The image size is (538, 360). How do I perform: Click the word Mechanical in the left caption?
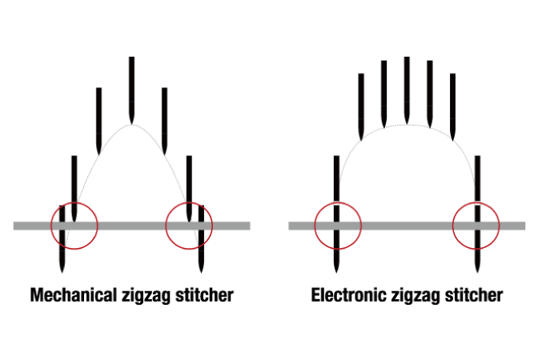tap(74, 295)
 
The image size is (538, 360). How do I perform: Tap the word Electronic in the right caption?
tap(348, 295)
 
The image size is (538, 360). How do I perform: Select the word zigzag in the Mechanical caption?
tap(146, 296)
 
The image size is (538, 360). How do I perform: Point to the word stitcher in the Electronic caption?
tap(474, 295)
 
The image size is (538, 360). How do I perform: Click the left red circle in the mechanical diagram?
tap(51, 226)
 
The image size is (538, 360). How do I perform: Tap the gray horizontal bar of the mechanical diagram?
tap(132, 226)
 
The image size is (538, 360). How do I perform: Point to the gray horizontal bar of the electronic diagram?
tap(407, 226)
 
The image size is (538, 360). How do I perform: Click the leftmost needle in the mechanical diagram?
tap(62, 239)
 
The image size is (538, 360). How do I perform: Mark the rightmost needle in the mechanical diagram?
tap(201, 239)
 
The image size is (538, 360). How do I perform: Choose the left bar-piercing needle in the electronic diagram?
tap(336, 214)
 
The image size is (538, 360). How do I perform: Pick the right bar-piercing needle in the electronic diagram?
tap(477, 214)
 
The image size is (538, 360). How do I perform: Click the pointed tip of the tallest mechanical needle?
tap(131, 125)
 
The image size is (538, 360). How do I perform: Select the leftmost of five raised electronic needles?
tap(361, 106)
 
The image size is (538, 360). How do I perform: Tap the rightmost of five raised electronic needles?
tap(452, 106)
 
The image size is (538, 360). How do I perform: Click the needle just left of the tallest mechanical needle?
tap(98, 121)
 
